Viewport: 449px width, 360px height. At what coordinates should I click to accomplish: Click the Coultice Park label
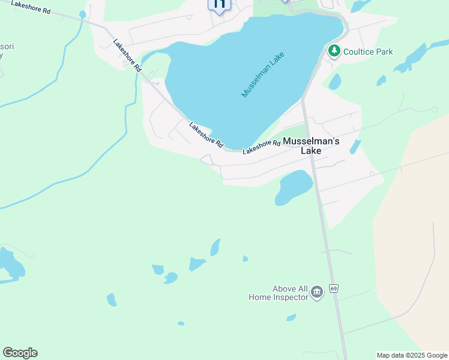pyautogui.click(x=368, y=52)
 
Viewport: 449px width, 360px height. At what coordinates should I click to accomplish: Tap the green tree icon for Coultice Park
pyautogui.click(x=334, y=52)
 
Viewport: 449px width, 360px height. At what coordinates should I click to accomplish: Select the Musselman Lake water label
pyautogui.click(x=262, y=75)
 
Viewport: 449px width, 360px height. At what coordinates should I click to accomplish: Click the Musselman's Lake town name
pyautogui.click(x=311, y=146)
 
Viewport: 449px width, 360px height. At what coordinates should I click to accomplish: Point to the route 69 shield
pyautogui.click(x=334, y=289)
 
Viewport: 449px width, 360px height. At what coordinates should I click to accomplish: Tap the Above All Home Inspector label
pyautogui.click(x=278, y=292)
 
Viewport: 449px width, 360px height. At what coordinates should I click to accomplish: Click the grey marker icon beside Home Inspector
pyautogui.click(x=317, y=293)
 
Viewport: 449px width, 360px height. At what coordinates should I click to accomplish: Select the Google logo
pyautogui.click(x=20, y=353)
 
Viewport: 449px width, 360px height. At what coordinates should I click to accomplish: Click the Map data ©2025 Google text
pyautogui.click(x=412, y=355)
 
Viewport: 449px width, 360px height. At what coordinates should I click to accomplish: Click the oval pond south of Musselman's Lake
pyautogui.click(x=293, y=187)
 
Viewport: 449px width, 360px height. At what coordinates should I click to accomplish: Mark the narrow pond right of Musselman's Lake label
pyautogui.click(x=355, y=147)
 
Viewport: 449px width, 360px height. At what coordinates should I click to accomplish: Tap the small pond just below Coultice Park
pyautogui.click(x=335, y=82)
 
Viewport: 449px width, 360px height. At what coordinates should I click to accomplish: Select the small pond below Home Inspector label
pyautogui.click(x=291, y=317)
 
